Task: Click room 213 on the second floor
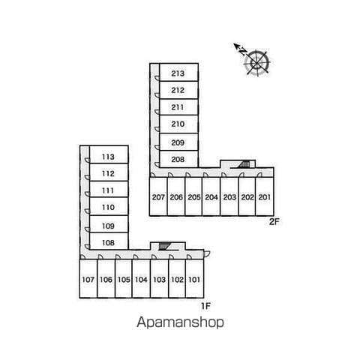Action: tap(178, 72)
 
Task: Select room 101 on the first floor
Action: tap(195, 279)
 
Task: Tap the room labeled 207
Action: tap(158, 196)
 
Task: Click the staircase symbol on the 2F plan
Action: tap(244, 164)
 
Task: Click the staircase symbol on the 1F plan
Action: tap(164, 246)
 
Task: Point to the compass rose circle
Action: tap(257, 62)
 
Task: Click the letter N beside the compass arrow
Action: tap(241, 52)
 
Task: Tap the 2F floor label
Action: tap(274, 222)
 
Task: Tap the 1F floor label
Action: tap(205, 306)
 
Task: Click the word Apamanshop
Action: tap(180, 322)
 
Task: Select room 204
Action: tap(211, 196)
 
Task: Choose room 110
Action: tap(109, 206)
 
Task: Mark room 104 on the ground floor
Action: tap(141, 279)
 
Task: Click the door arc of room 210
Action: tap(157, 129)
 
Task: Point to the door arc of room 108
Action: tap(87, 247)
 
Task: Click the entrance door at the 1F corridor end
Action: tap(207, 253)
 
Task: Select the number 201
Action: tap(265, 197)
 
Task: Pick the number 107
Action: tap(88, 280)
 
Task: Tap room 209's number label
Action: tap(178, 142)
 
